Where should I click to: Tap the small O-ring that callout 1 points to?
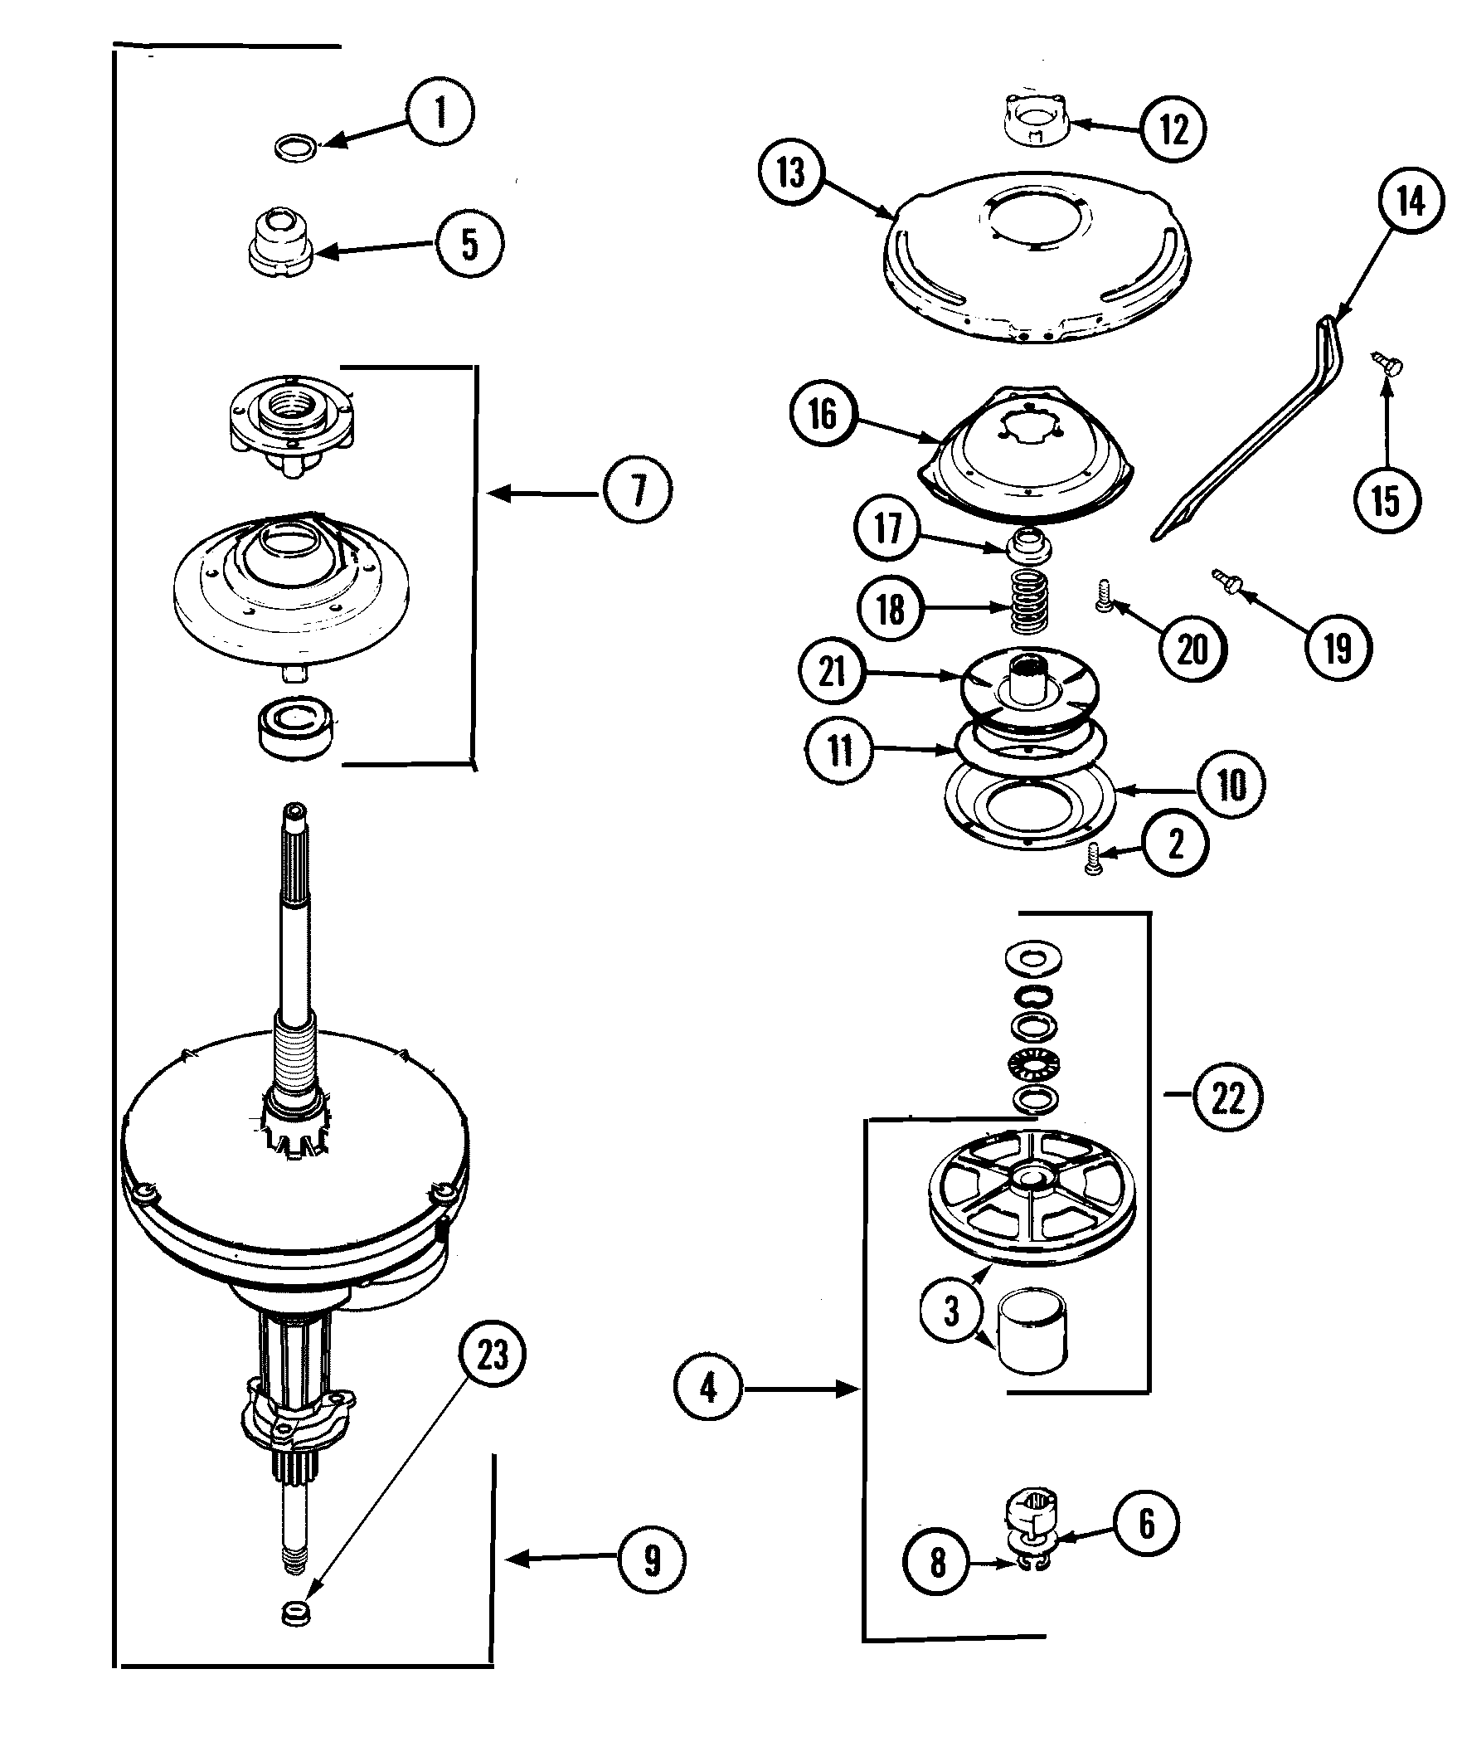coord(295,149)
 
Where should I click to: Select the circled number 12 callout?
coord(1173,129)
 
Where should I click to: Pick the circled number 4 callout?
coord(707,1388)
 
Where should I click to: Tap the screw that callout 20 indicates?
coord(1104,597)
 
